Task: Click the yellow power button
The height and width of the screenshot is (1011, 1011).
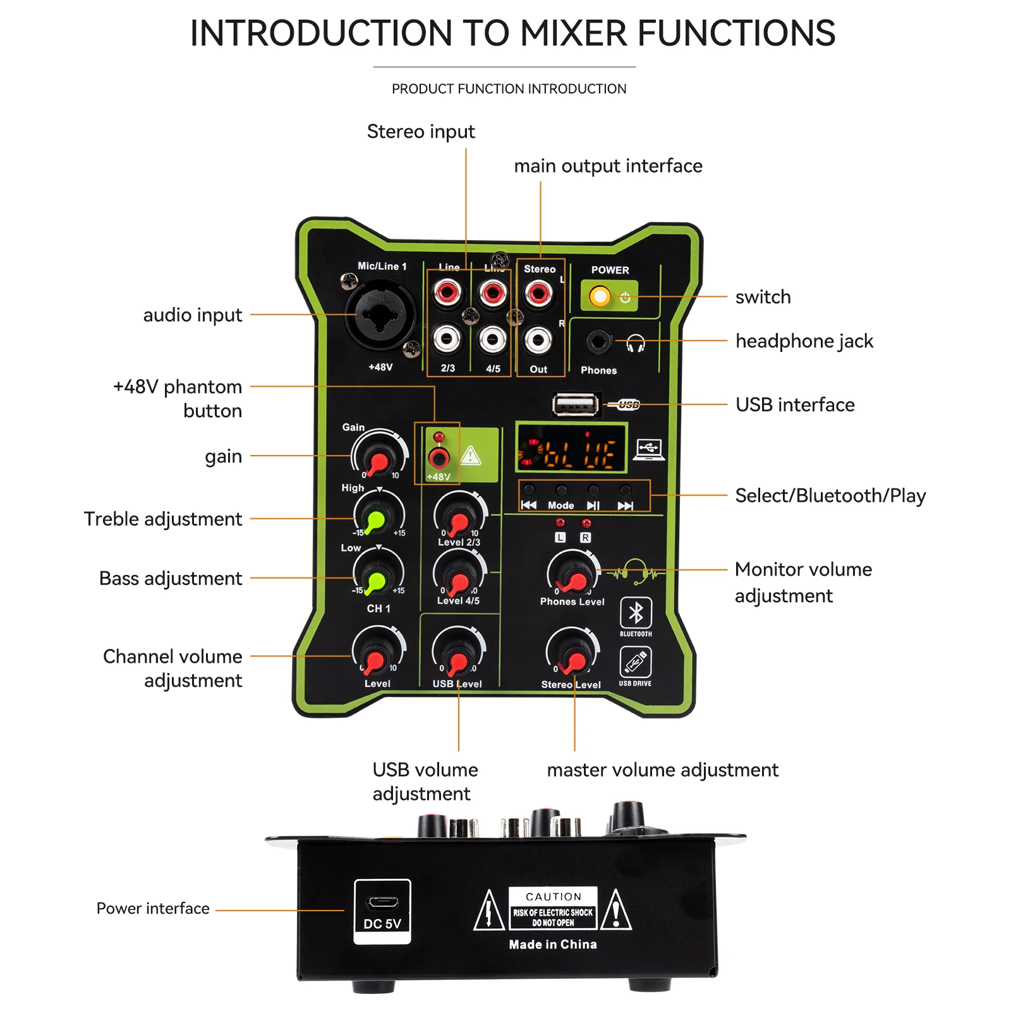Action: pyautogui.click(x=600, y=296)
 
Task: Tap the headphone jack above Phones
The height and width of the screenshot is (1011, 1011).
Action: pyautogui.click(x=598, y=342)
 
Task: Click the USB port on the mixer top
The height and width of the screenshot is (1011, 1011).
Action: pyautogui.click(x=576, y=405)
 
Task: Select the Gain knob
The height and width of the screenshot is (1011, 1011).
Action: pyautogui.click(x=379, y=456)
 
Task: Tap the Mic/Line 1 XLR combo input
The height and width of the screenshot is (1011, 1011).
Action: pyautogui.click(x=380, y=315)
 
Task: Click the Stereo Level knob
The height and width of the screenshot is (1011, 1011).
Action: pyautogui.click(x=572, y=655)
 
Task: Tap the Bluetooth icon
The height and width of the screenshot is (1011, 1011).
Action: pyautogui.click(x=636, y=612)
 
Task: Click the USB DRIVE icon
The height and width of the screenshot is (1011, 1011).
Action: pyautogui.click(x=636, y=662)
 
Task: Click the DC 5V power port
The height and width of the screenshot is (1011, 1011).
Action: pyautogui.click(x=382, y=902)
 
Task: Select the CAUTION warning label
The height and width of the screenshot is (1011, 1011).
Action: pyautogui.click(x=553, y=909)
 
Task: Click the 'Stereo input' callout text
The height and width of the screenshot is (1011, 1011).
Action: pyautogui.click(x=421, y=131)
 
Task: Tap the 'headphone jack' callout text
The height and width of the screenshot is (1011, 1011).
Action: pyautogui.click(x=804, y=341)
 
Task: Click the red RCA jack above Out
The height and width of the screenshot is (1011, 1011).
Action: pyautogui.click(x=538, y=293)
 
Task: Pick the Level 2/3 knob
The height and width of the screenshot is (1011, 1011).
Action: pyautogui.click(x=459, y=517)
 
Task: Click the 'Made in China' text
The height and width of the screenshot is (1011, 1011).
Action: pyautogui.click(x=553, y=944)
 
